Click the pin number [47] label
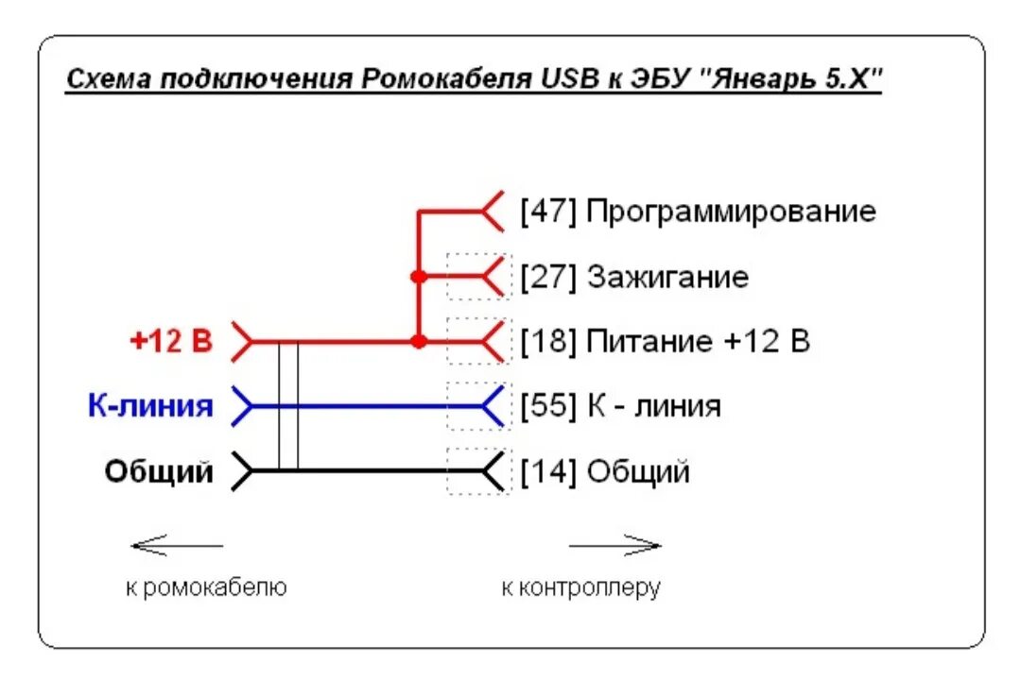pos(548,211)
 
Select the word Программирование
pos(731,212)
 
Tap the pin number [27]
pos(548,277)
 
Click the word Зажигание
pos(667,277)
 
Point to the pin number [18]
pos(548,341)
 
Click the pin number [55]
pos(548,406)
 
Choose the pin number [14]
pos(548,470)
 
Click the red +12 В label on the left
pos(171,341)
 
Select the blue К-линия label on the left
pos(150,406)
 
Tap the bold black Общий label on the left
pos(159,470)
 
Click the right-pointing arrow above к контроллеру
pos(614,545)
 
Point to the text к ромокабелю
pos(206,587)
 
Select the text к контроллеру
pos(580,587)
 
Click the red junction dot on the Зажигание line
pos(418,277)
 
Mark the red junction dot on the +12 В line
pos(418,341)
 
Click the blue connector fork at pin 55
pos(492,406)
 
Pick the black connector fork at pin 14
pos(492,470)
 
